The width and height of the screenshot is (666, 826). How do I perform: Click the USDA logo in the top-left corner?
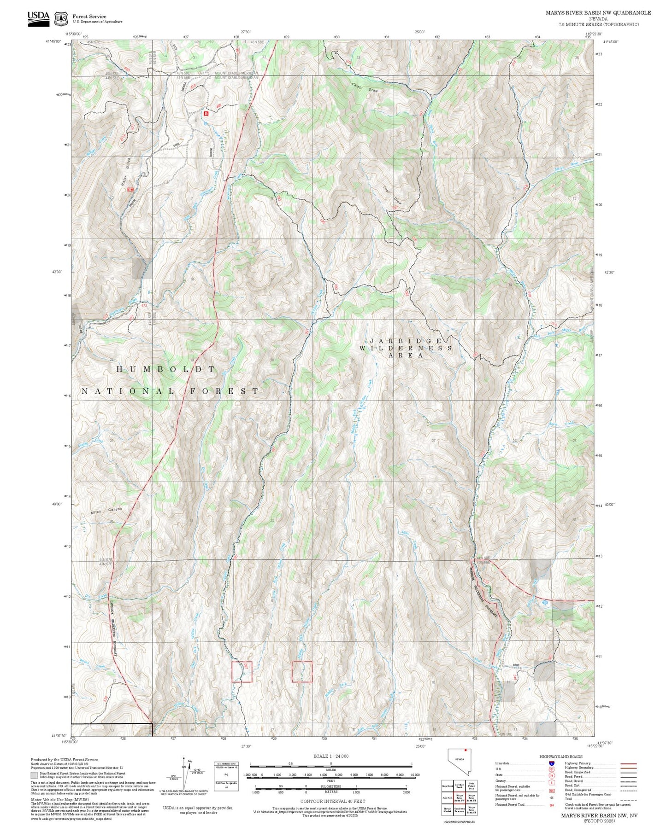38,18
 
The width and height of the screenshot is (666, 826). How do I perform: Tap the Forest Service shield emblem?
61,19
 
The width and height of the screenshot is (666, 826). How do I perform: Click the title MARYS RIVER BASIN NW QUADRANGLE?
598,13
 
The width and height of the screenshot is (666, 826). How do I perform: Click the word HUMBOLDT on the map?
165,369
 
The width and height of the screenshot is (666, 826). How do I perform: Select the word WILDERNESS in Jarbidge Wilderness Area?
406,348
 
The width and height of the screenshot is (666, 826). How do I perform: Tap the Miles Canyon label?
107,511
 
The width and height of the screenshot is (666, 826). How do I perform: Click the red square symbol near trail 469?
206,113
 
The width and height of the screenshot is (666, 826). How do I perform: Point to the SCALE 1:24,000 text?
330,756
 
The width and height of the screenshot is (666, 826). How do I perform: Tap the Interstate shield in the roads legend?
551,763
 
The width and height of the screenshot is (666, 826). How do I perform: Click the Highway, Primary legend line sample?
628,763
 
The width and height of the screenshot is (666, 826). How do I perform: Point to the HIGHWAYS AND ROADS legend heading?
561,756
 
